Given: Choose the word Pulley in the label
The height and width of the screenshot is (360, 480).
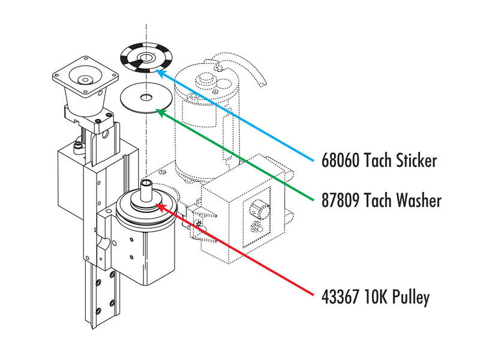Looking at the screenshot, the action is point(410,298).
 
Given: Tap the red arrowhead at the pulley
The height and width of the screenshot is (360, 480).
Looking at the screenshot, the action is point(161,207).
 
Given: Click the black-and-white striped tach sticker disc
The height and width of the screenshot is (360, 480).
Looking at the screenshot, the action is point(146,58).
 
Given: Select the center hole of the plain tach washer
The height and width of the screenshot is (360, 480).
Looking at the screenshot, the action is point(146,98).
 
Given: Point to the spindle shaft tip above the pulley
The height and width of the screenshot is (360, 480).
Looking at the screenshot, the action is point(146,183).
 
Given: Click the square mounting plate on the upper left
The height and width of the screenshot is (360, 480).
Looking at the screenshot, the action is point(85,77).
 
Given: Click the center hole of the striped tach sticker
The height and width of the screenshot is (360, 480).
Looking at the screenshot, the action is point(145,57).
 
